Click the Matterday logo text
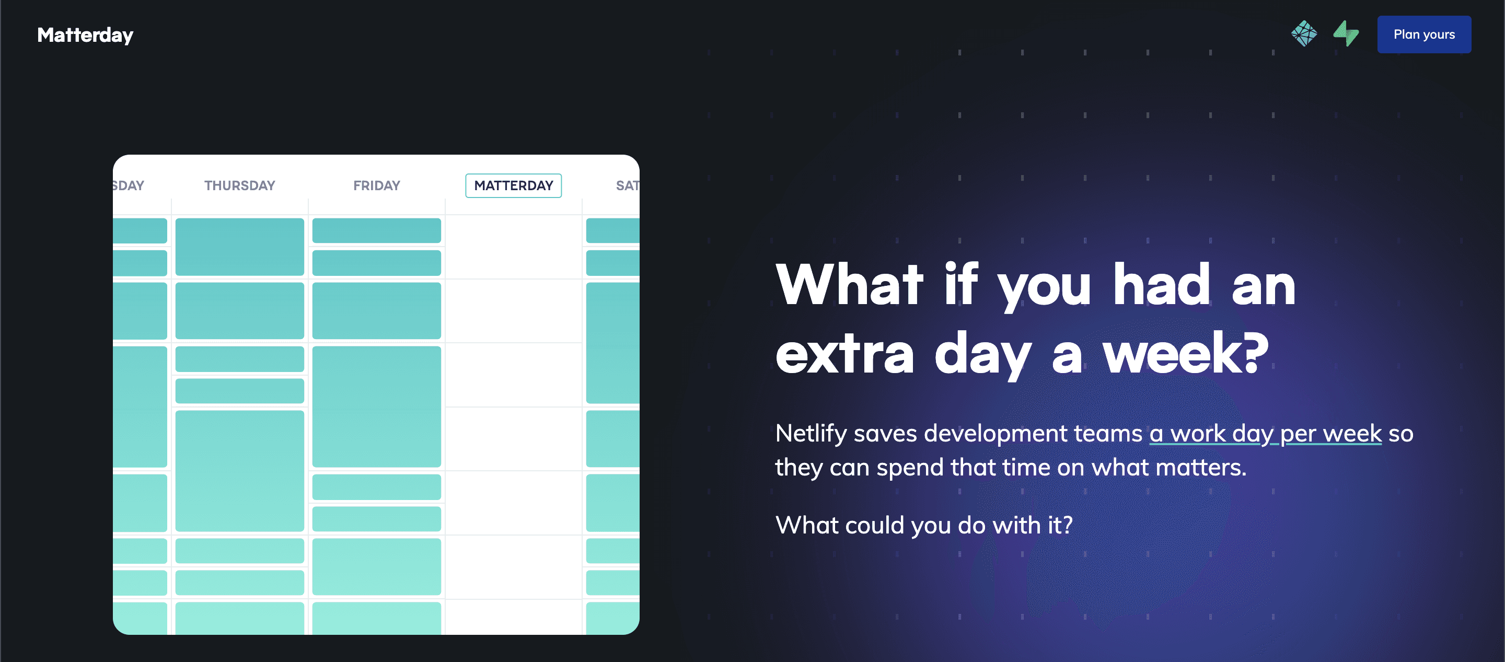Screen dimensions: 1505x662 [x=85, y=35]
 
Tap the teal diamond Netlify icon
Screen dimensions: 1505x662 [x=1304, y=34]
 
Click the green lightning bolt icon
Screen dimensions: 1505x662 [x=1346, y=34]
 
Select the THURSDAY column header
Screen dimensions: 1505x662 [x=239, y=186]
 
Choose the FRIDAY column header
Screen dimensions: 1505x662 [x=377, y=186]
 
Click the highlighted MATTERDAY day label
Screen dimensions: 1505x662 [x=514, y=186]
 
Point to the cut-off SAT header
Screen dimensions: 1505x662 [x=628, y=186]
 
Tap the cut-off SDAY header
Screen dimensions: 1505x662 [x=129, y=186]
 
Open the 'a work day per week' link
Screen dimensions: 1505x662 [x=1266, y=434]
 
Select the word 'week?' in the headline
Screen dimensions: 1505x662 [x=1186, y=354]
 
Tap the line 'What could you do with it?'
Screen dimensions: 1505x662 [x=924, y=525]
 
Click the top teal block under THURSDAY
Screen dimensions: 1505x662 [x=239, y=247]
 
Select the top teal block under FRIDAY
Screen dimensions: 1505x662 [x=377, y=231]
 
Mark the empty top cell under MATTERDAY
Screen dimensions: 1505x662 [x=514, y=247]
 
